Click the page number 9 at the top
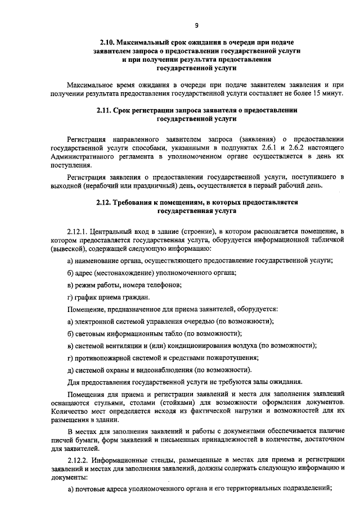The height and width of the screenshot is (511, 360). [197, 25]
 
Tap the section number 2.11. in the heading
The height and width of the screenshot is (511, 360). [107, 110]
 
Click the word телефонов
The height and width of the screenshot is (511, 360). [160, 284]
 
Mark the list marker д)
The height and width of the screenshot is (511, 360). [70, 369]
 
